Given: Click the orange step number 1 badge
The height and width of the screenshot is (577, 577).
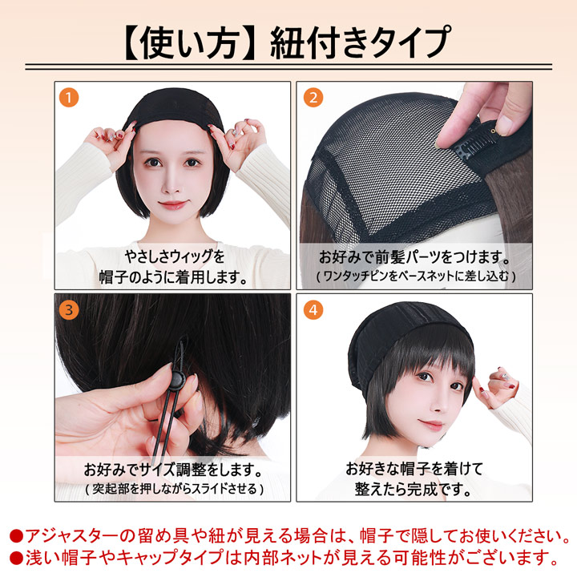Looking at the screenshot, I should (x=71, y=98).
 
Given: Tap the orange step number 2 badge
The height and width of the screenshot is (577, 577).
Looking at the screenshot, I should (x=313, y=98).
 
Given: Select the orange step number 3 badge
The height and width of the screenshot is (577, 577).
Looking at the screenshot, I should (x=71, y=309).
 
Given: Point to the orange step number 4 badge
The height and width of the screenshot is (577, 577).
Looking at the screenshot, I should (x=313, y=309).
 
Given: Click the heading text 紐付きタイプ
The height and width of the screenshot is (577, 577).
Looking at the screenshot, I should (x=361, y=40).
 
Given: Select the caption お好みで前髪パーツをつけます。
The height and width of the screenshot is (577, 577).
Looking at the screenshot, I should (x=414, y=258).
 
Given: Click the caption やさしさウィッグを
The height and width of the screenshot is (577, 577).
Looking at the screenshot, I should (x=174, y=257).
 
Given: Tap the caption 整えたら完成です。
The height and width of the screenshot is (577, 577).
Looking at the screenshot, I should (x=414, y=488).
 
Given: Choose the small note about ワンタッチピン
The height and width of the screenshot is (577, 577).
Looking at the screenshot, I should (x=414, y=276).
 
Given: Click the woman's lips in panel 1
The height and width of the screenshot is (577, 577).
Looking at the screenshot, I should (x=171, y=205).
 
